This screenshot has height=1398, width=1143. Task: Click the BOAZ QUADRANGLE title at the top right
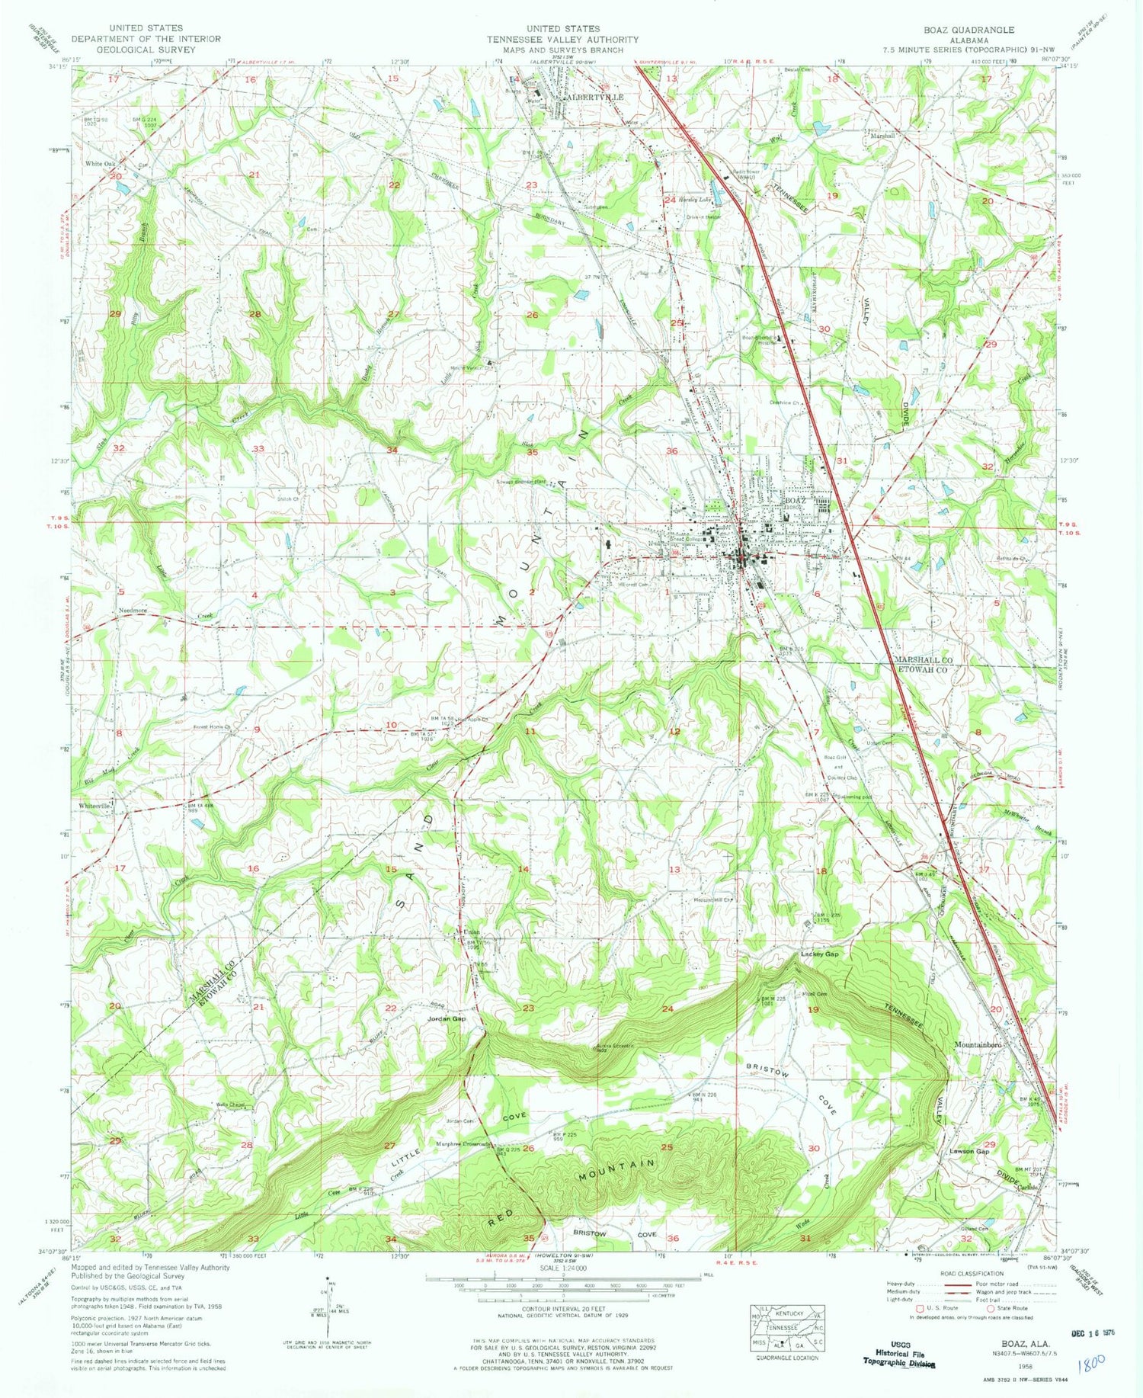pyautogui.click(x=969, y=30)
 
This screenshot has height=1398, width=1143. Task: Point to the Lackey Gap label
pyautogui.click(x=819, y=954)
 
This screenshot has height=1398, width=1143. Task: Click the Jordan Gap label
pyautogui.click(x=447, y=1018)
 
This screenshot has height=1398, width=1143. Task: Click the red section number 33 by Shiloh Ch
pyautogui.click(x=258, y=449)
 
